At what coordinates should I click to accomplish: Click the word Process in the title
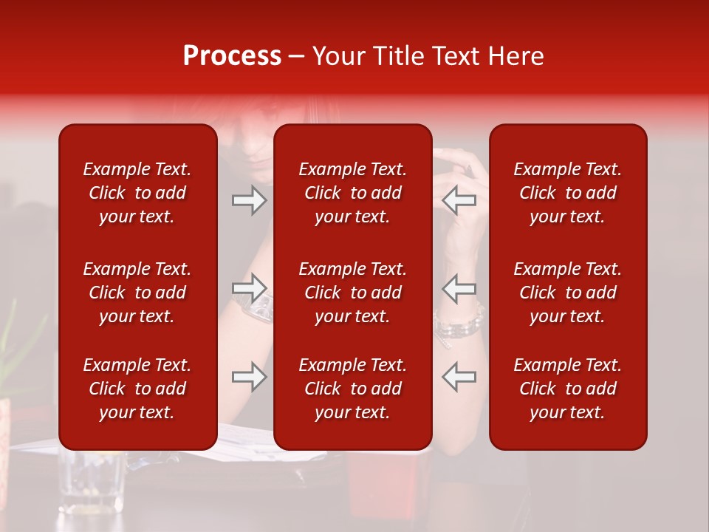pos(232,56)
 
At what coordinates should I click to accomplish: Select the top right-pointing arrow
pos(250,200)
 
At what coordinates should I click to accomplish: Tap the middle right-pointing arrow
pos(250,288)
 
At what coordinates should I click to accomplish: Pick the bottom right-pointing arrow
pos(250,377)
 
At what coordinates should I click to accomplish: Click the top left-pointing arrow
pos(459,200)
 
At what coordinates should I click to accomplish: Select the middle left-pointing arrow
pos(459,288)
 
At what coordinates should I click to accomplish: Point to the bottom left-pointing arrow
pos(459,377)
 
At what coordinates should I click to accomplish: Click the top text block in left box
pos(137,193)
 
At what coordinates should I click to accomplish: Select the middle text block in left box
pos(137,293)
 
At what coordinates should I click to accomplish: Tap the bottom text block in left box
pos(137,389)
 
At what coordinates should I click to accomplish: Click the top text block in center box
pos(352,193)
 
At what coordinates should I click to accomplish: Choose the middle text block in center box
pos(352,293)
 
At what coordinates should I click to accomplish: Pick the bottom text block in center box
pos(352,389)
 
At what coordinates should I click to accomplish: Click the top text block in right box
pos(567,193)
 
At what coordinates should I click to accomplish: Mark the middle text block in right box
pos(567,293)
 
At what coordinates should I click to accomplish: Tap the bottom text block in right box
pos(567,389)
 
